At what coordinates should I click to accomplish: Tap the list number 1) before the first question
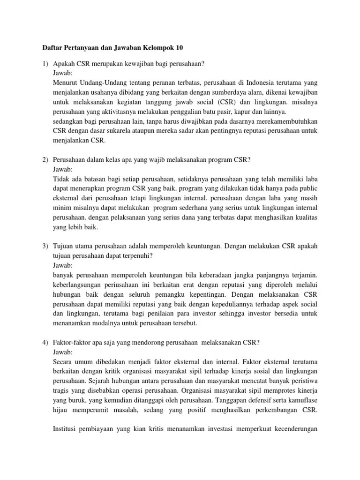click(x=45, y=64)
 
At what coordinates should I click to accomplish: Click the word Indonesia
click(x=254, y=82)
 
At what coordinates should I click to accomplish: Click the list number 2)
click(x=45, y=160)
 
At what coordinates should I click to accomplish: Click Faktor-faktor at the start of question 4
click(x=73, y=343)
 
